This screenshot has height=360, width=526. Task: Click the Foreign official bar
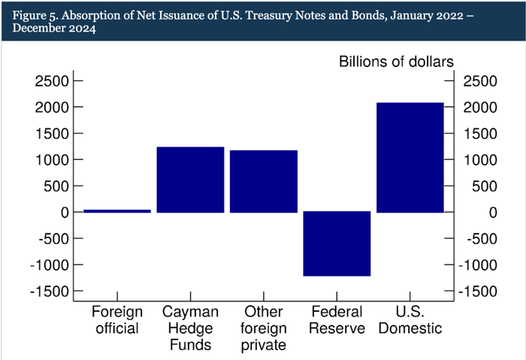116,210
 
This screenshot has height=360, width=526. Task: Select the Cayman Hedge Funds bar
190,180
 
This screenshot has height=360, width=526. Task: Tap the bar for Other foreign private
263,181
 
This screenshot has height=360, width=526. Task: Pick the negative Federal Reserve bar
337,244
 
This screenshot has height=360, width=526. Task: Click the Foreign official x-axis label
116,319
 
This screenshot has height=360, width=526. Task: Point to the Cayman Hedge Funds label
190,328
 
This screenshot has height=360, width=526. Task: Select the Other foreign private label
263,328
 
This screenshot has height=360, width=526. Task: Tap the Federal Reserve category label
337,319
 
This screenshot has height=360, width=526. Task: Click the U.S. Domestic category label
410,319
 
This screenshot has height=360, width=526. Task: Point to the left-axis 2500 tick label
50,81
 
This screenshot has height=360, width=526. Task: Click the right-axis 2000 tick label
480,107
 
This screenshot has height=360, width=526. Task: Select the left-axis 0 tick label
63,213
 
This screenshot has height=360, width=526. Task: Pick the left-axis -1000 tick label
47,265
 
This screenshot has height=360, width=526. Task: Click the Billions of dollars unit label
395,61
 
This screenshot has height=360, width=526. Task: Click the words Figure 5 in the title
32,14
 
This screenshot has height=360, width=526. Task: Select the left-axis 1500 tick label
50,134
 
